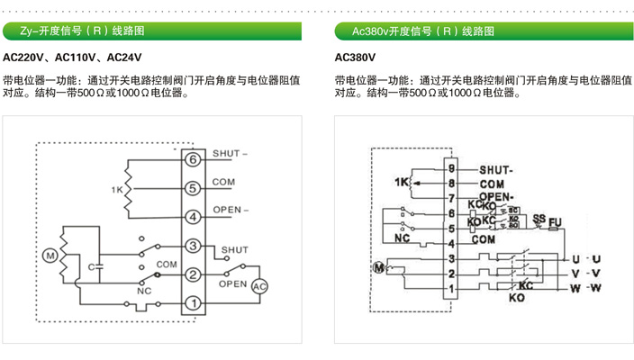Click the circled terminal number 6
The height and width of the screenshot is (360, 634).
[192, 159]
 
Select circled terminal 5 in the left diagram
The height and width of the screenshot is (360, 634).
[192, 188]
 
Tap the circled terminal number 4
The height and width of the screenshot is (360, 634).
[192, 217]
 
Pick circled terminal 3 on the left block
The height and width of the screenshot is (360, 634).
[192, 246]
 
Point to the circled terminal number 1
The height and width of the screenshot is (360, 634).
[192, 303]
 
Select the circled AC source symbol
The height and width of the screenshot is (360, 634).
[259, 285]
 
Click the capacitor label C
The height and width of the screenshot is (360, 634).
[91, 266]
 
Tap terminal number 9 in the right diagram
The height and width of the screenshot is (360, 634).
[452, 168]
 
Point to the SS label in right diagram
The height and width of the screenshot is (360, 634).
[539, 219]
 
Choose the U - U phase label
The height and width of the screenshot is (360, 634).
[585, 259]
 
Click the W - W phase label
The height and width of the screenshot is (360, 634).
[585, 288]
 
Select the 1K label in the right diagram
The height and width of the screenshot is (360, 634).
[402, 183]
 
